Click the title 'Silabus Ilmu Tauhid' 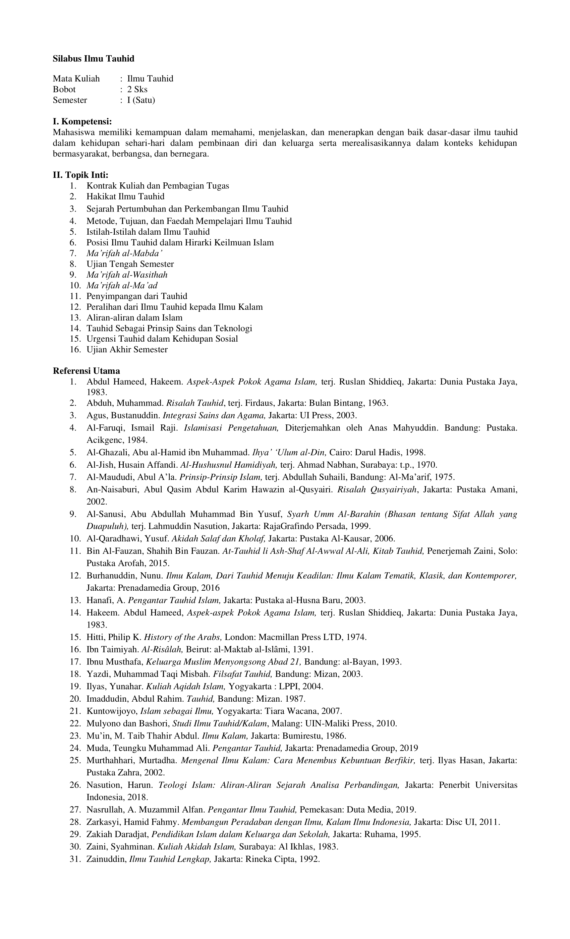pyautogui.click(x=94, y=59)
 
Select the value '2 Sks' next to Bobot pyautogui.click(x=137, y=90)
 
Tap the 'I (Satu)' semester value pyautogui.click(x=141, y=100)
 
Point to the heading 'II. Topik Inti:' pyautogui.click(x=80, y=175)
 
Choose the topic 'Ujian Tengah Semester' pyautogui.click(x=130, y=264)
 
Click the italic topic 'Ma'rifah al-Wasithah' pyautogui.click(x=127, y=275)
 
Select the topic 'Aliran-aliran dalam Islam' pyautogui.click(x=134, y=317)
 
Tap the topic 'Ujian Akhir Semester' pyautogui.click(x=127, y=349)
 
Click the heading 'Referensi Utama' pyautogui.click(x=86, y=371)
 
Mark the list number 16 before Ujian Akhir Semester pyautogui.click(x=75, y=349)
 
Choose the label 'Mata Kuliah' pyautogui.click(x=76, y=79)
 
